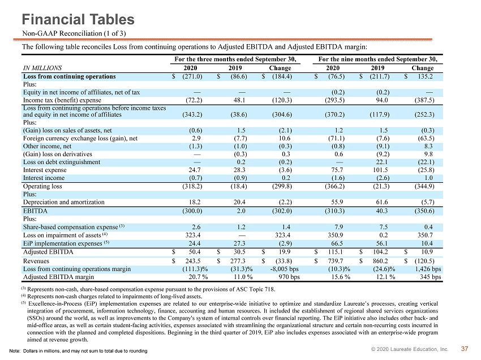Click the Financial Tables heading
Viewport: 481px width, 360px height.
(x=78, y=19)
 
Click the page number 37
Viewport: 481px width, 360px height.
(x=465, y=349)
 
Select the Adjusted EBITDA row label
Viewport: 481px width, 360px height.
(x=48, y=252)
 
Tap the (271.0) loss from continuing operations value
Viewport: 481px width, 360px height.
(x=192, y=76)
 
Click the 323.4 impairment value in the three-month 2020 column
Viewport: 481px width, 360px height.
(x=193, y=235)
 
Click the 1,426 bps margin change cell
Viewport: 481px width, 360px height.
(x=428, y=269)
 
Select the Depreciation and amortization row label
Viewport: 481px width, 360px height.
(x=64, y=202)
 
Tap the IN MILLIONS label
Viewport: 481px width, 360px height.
(x=42, y=68)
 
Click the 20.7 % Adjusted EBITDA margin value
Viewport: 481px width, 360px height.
(x=198, y=277)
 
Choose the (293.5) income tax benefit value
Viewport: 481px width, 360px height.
(x=334, y=100)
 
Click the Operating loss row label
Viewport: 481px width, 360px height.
(x=42, y=186)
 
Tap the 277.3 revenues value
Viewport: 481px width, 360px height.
(x=238, y=261)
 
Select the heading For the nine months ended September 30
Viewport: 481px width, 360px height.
(x=377, y=59)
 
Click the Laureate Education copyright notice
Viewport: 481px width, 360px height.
(x=410, y=349)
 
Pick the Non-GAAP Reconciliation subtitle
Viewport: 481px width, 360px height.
(x=74, y=33)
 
